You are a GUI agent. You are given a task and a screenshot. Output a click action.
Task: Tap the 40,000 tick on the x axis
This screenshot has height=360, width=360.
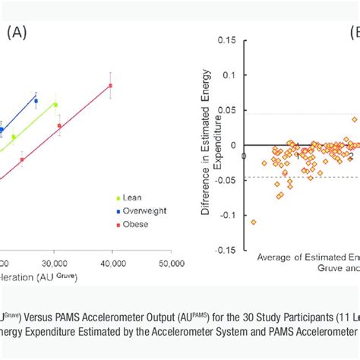(112, 264)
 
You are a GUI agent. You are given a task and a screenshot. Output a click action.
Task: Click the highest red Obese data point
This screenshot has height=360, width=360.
(111, 86)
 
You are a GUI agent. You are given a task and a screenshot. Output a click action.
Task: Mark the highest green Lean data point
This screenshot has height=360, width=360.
(55, 105)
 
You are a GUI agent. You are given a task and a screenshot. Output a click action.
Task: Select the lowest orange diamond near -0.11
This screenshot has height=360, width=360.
(253, 222)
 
